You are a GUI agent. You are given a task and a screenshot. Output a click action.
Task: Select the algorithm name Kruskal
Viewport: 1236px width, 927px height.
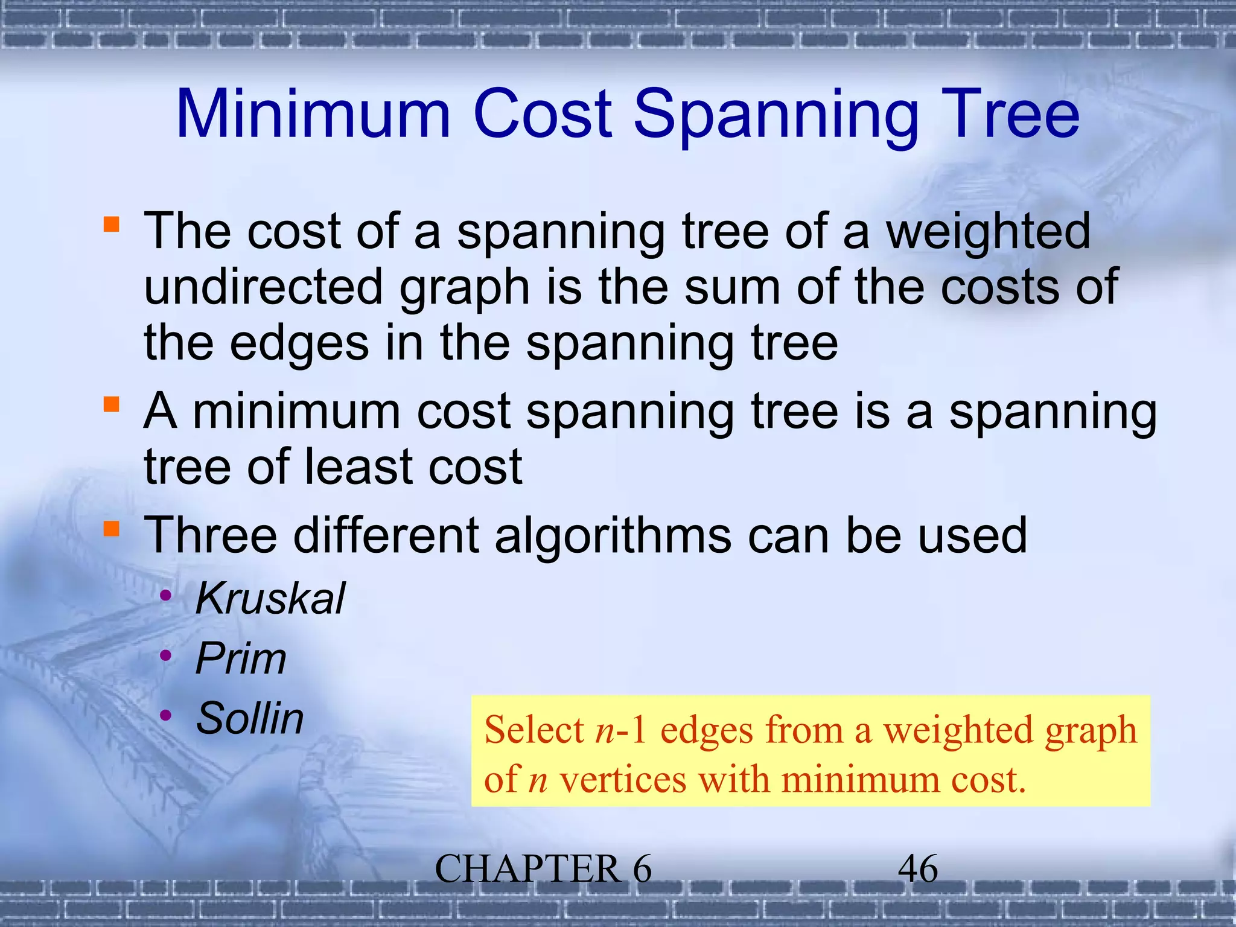[x=270, y=599]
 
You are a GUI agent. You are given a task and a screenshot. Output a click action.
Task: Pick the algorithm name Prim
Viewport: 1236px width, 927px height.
[x=241, y=658]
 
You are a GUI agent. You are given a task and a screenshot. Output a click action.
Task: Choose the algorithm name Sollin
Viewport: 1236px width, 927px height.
[x=250, y=718]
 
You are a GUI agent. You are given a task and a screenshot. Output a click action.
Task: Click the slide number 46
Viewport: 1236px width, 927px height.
[x=918, y=869]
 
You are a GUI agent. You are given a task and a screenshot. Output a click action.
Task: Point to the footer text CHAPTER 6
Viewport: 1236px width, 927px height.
[x=543, y=869]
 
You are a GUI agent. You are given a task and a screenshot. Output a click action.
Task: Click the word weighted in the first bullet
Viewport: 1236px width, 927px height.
[x=988, y=232]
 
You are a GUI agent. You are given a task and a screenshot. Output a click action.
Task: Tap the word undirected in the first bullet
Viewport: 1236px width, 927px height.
[x=263, y=287]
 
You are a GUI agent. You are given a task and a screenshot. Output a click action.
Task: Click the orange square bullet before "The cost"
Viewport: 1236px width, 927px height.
[x=112, y=225]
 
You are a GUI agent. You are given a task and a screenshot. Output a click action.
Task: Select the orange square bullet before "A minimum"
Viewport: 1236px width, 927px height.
[x=112, y=404]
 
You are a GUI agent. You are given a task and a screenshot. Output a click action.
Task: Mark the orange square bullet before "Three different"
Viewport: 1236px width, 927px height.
[x=112, y=528]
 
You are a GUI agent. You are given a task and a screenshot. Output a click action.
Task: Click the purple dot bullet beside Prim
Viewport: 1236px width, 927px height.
[x=166, y=655]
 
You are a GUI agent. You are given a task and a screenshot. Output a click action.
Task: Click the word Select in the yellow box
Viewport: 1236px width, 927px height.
[x=534, y=730]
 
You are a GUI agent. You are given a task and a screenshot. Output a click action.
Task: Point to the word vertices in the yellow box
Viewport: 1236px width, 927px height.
[x=623, y=780]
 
